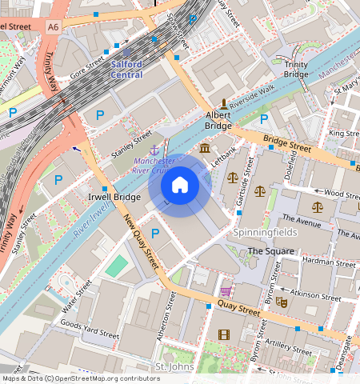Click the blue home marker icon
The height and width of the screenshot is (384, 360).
pyautogui.click(x=180, y=186)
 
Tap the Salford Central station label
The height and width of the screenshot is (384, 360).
pyautogui.click(x=126, y=69)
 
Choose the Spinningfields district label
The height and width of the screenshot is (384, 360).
pyautogui.click(x=265, y=232)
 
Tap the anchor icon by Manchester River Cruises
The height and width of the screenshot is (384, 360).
pyautogui.click(x=152, y=149)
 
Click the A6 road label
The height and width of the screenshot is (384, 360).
pyautogui.click(x=53, y=26)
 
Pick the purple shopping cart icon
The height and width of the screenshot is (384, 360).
pyautogui.click(x=226, y=291)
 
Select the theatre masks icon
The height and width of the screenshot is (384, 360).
pyautogui.click(x=281, y=302)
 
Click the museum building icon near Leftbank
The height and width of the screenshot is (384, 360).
pyautogui.click(x=206, y=150)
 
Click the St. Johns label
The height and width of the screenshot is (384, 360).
pyautogui.click(x=174, y=366)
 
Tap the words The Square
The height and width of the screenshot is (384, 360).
pyautogui.click(x=270, y=251)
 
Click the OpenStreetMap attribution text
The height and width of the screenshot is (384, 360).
pyautogui.click(x=81, y=378)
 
